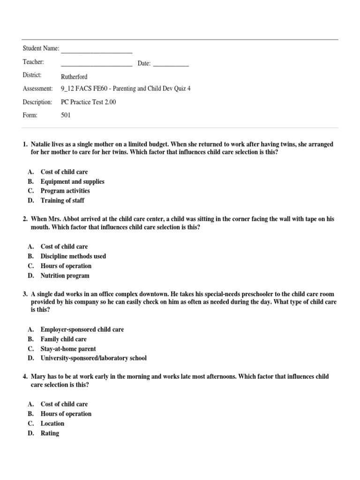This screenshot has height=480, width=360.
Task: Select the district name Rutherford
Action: tap(74, 77)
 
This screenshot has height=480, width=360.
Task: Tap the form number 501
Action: tap(66, 115)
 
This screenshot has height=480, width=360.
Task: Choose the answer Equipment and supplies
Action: tap(72, 181)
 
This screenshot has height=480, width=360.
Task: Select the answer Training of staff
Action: tap(62, 201)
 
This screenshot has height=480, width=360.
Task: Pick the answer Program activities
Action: tap(65, 191)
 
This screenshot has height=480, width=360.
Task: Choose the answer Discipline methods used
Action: tap(73, 256)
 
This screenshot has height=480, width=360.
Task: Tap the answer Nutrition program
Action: tap(65, 276)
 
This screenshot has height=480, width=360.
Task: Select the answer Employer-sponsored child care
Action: tap(82, 330)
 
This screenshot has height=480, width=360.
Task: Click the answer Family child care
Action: tap(63, 339)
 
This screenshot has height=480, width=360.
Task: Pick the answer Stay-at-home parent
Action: tap(68, 349)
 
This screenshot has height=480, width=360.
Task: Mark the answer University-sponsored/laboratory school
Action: tap(93, 358)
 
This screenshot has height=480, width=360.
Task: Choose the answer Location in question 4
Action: tap(52, 423)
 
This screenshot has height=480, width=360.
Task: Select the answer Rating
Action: tap(50, 433)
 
